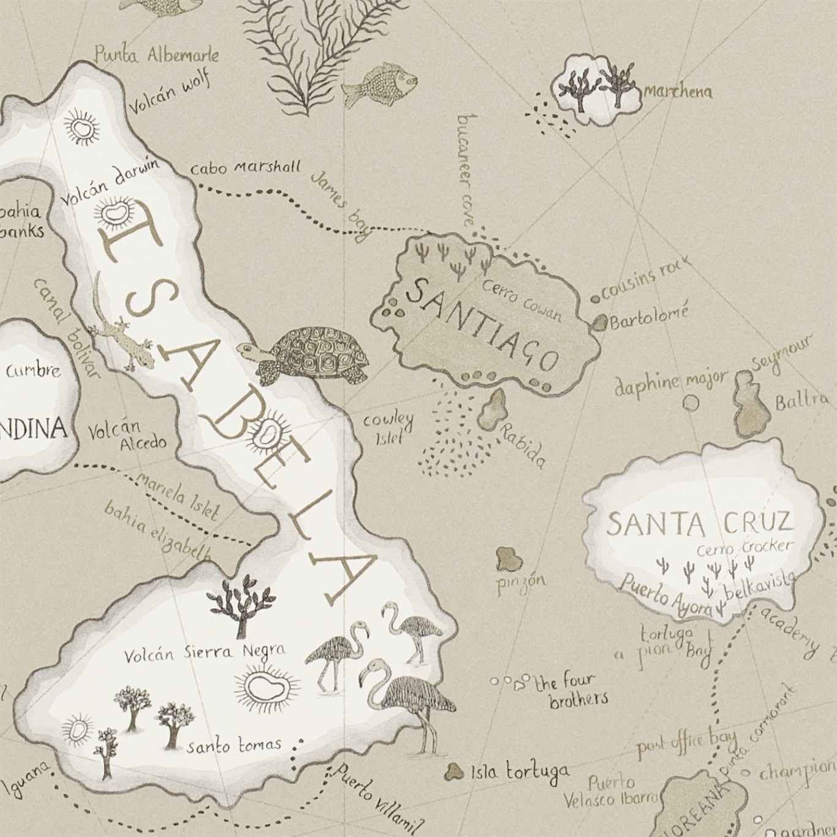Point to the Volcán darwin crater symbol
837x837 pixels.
click(112, 213)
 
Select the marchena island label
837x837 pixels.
click(677, 93)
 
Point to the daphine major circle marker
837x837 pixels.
click(691, 403)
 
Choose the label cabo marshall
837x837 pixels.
click(245, 167)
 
